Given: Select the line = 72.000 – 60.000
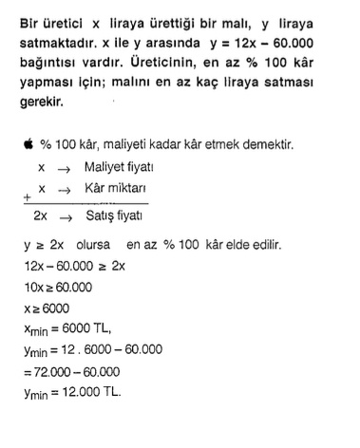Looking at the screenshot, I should click(x=77, y=372).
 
